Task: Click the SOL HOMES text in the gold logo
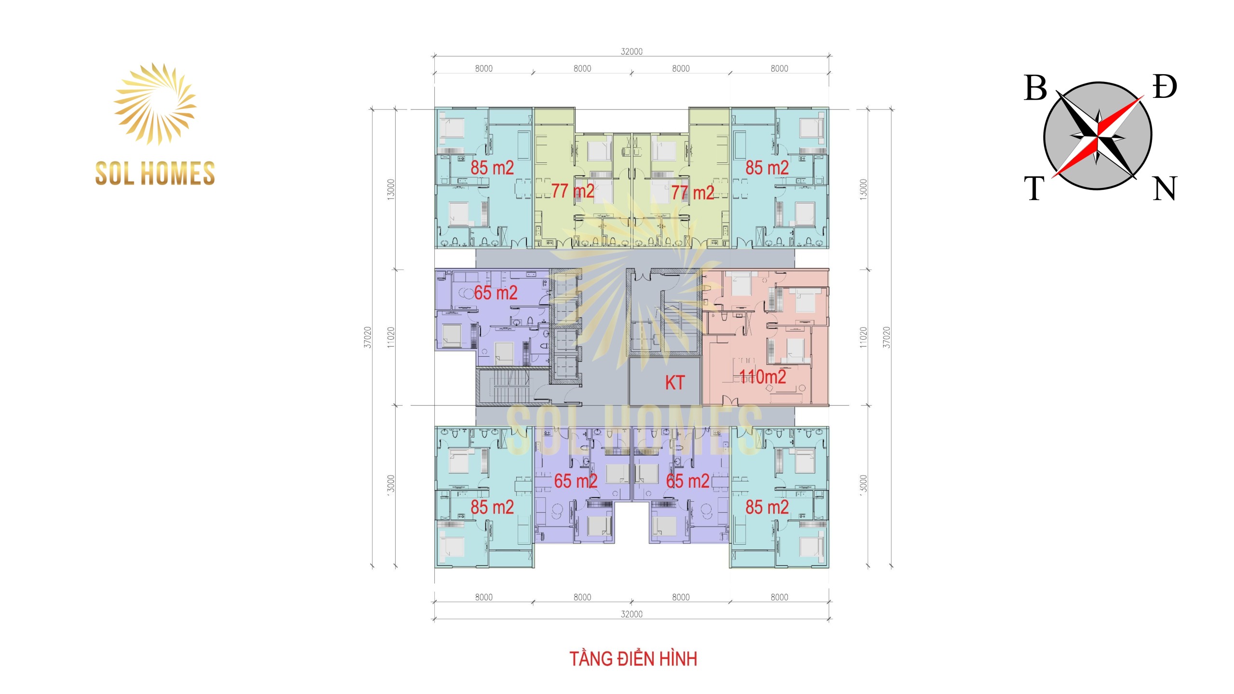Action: pos(155,173)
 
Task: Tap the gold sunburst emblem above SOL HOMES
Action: pos(155,104)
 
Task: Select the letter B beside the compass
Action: pos(1035,88)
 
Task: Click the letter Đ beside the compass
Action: pos(1165,87)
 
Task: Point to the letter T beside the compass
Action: pos(1034,188)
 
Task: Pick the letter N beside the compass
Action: pos(1165,188)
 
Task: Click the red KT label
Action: pos(674,383)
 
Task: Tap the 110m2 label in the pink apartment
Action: pos(763,376)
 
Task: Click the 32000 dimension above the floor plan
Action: pos(631,52)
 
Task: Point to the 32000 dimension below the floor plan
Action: pos(631,614)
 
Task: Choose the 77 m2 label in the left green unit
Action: pos(573,191)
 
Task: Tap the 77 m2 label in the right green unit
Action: pos(693,193)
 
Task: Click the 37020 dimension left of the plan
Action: pos(368,337)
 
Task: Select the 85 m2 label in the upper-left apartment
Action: pos(492,167)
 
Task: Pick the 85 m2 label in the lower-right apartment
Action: pos(767,507)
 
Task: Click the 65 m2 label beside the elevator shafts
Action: pos(496,293)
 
